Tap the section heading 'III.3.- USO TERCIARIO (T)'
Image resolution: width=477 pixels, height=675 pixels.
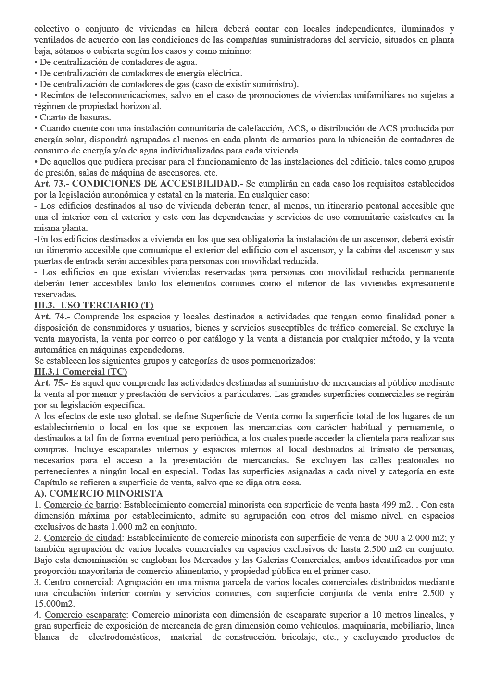(x=94, y=306)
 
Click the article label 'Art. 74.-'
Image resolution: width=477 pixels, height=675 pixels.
(x=52, y=317)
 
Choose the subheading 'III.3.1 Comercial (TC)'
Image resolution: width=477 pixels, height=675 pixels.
(x=80, y=372)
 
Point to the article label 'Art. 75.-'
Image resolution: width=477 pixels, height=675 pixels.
(x=51, y=383)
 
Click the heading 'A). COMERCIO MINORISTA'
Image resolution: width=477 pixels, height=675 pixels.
(x=99, y=494)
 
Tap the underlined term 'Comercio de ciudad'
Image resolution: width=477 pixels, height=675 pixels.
(x=82, y=538)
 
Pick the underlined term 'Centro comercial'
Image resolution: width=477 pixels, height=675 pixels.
(x=77, y=582)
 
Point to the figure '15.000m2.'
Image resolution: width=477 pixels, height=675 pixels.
(x=54, y=604)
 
